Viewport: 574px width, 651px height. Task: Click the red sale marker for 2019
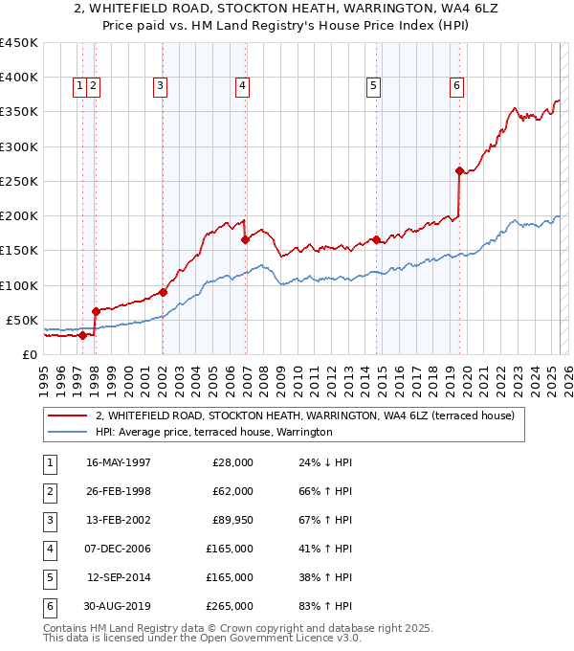(x=459, y=171)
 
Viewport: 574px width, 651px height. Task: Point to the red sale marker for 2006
(x=246, y=240)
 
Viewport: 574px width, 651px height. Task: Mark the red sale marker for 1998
(x=96, y=311)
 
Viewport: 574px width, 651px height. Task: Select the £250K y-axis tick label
(x=19, y=181)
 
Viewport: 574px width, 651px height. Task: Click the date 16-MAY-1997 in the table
(x=119, y=461)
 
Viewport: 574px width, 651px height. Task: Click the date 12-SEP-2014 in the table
(x=119, y=577)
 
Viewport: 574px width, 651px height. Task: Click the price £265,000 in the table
(x=230, y=606)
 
